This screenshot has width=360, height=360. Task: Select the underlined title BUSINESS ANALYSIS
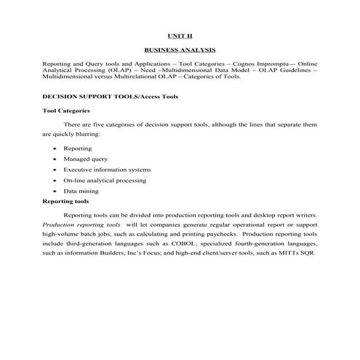(x=180, y=51)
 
